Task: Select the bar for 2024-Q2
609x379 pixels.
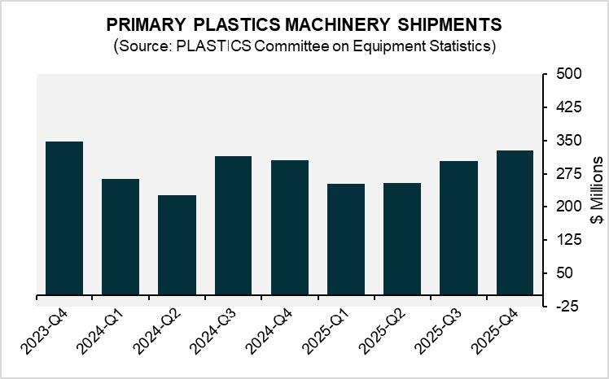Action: coord(177,245)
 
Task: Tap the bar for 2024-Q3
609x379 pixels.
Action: coord(233,225)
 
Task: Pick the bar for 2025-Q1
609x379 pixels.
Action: coord(345,239)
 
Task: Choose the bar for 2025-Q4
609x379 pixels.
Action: coord(515,222)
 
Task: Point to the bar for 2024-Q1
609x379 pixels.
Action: coord(120,237)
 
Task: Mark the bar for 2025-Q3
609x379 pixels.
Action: coord(458,228)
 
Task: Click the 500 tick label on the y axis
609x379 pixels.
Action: coord(563,74)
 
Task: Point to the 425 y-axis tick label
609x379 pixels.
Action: coord(563,107)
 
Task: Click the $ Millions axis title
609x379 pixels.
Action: coord(597,189)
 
